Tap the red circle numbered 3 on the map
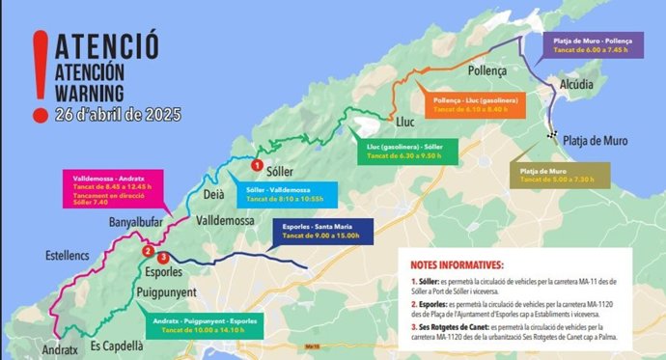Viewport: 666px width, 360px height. click(164, 258)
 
